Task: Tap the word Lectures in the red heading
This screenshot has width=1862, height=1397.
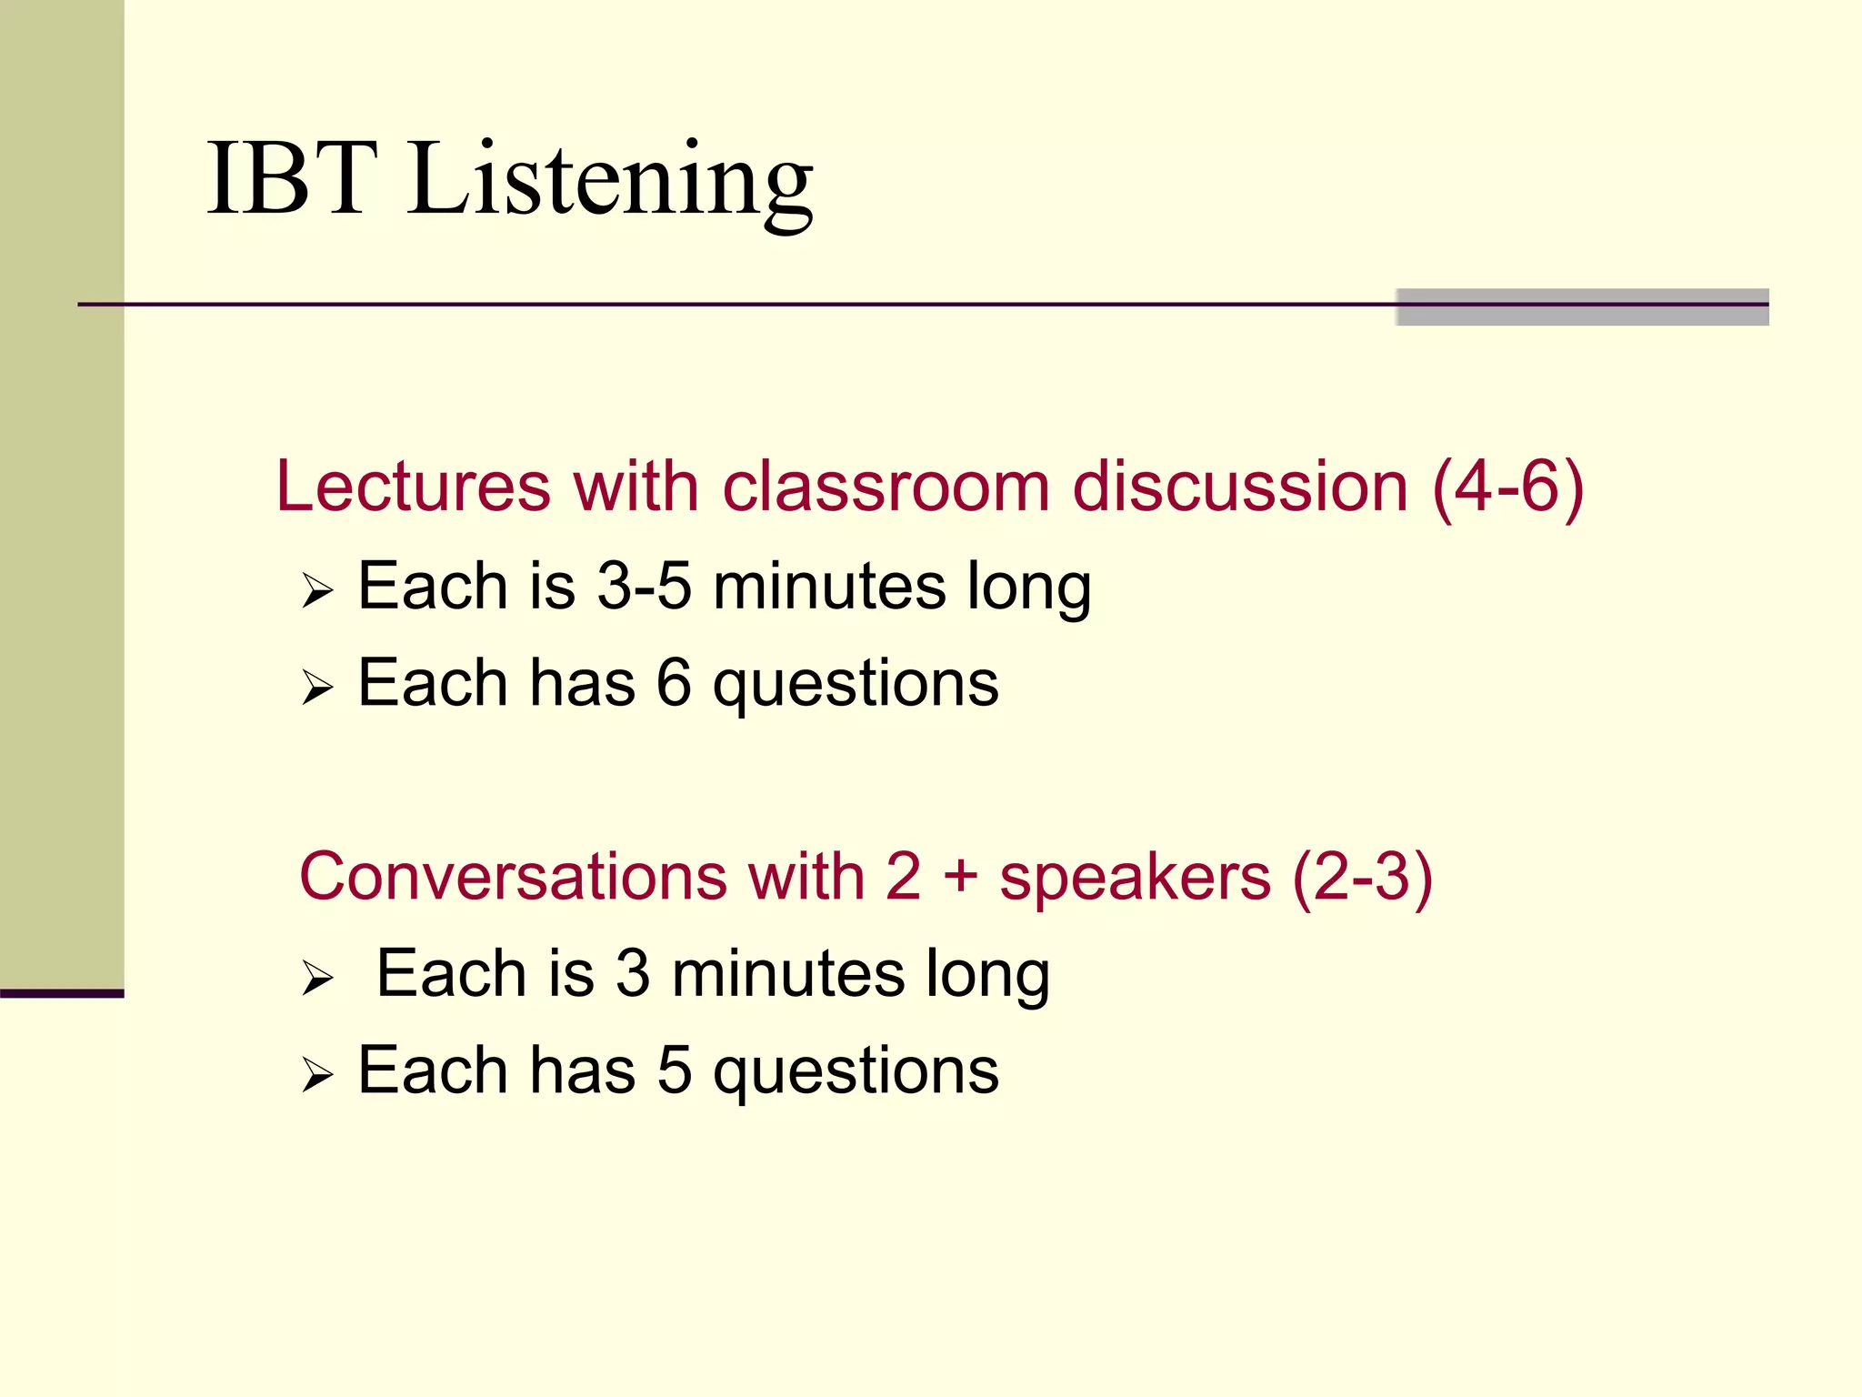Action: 413,487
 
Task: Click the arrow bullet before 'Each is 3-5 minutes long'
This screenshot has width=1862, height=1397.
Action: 317,591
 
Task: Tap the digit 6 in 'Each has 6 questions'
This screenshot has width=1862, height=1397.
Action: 674,683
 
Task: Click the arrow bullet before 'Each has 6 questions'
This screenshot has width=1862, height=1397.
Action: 317,688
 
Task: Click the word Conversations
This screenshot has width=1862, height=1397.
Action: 513,877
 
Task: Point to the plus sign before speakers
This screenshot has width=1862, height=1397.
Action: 960,879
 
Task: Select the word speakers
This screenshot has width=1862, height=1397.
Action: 1135,879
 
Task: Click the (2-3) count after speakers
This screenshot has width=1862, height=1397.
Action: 1362,879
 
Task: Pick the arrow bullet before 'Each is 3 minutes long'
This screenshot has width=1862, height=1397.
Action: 317,979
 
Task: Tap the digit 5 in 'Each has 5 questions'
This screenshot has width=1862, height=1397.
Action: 674,1070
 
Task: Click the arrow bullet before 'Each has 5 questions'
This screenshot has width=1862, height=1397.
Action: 317,1075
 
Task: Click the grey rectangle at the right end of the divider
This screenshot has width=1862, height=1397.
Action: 1582,307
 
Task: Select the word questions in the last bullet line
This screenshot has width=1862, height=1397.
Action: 856,1072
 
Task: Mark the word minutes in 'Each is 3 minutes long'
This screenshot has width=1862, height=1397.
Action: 788,974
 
